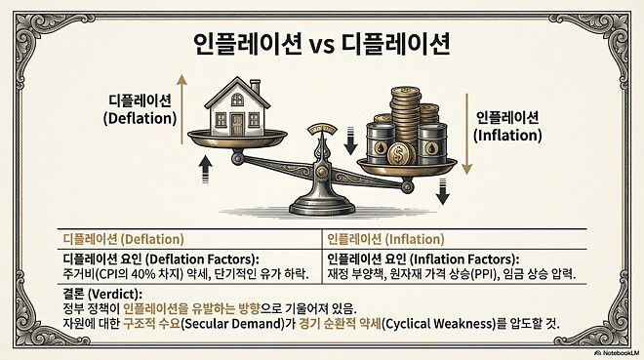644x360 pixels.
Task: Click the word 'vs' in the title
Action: [x=322, y=45]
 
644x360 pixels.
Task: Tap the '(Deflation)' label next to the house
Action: [x=141, y=117]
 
